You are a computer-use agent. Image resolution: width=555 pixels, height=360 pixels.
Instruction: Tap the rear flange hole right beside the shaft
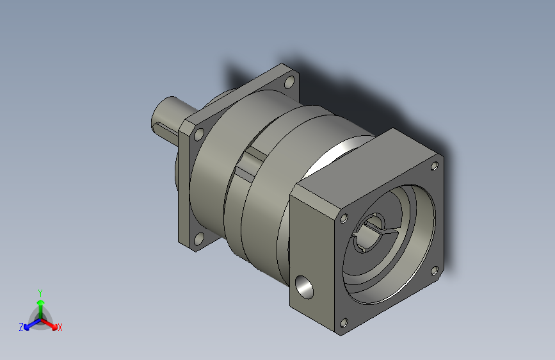click(199, 134)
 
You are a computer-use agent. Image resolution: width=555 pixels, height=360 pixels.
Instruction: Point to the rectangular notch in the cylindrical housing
click(251, 163)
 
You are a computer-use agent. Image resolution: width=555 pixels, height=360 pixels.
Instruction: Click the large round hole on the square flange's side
click(305, 287)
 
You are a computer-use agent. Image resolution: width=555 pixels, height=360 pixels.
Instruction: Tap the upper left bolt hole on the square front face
click(344, 218)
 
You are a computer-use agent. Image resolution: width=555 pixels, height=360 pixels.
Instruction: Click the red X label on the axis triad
click(60, 328)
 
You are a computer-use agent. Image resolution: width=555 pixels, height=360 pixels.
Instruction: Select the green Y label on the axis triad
click(40, 291)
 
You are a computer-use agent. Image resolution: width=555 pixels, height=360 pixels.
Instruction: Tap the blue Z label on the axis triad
click(21, 327)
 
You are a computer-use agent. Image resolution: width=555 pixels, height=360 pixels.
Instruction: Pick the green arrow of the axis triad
click(40, 302)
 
